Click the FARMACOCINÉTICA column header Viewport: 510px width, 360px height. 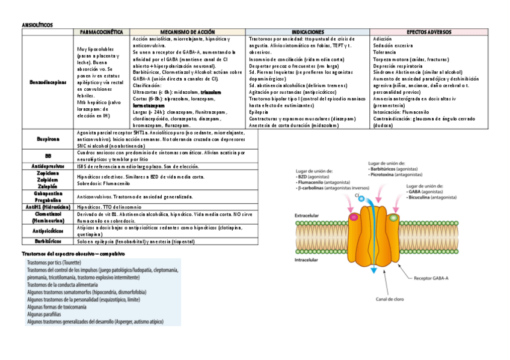pyautogui.click(x=100, y=31)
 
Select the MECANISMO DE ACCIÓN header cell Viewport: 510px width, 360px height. pyautogui.click(x=187, y=31)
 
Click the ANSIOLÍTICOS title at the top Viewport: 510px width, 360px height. pyautogui.click(x=37, y=25)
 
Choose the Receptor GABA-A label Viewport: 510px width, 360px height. pyautogui.click(x=437, y=278)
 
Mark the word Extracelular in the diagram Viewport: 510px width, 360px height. pyautogui.click(x=309, y=215)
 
